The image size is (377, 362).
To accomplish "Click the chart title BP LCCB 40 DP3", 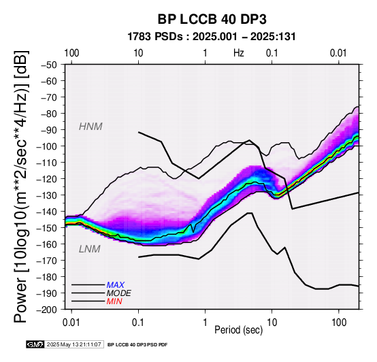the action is click(212, 19).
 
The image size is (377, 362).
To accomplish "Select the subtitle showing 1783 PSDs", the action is click(212, 37).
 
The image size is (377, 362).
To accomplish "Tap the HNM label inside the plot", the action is click(91, 127).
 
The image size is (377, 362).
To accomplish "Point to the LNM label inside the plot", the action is click(89, 249).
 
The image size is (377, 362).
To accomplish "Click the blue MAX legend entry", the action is click(116, 285).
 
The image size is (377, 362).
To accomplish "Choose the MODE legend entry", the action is click(119, 293).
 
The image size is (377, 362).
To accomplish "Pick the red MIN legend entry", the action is click(114, 301).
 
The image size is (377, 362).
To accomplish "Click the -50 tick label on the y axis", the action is click(49, 65).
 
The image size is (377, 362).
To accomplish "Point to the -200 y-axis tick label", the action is click(47, 310).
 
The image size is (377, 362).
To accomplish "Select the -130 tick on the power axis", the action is click(47, 195).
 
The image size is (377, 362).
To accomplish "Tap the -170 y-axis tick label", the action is click(47, 261).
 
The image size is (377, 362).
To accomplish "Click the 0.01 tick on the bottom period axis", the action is click(71, 323).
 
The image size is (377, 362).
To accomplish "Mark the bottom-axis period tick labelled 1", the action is click(205, 323).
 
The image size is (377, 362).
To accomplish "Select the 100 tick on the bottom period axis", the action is click(339, 323).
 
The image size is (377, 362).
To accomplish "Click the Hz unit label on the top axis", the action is click(238, 53).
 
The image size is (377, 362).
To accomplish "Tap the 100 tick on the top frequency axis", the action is click(71, 53).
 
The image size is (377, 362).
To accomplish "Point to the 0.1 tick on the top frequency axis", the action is click(272, 53).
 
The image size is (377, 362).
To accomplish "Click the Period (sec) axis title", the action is click(238, 330).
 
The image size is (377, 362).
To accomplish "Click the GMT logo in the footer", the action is click(35, 344).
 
